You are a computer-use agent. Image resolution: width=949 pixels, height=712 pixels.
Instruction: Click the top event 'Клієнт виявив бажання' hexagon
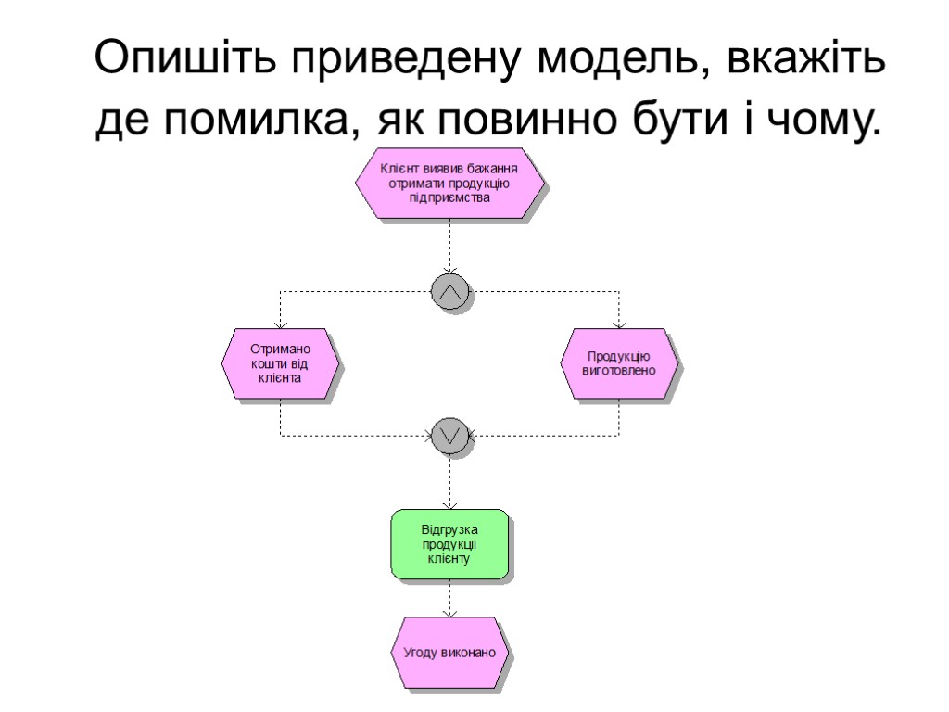449,183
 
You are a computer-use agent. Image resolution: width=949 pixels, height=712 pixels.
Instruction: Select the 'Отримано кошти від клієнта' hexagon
279,363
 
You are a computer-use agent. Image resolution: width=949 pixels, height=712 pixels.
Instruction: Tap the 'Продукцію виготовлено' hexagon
619,363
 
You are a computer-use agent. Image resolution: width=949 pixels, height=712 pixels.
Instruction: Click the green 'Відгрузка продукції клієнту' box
449,544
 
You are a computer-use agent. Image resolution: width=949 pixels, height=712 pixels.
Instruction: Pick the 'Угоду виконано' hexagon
449,653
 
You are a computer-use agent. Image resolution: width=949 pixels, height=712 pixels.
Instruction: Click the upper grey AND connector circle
450,292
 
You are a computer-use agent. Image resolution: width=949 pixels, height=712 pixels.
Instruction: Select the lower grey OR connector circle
450,434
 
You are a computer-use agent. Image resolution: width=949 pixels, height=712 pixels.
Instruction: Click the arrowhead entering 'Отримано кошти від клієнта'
280,324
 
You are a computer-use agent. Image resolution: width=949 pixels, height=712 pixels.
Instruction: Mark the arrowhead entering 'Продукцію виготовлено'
619,324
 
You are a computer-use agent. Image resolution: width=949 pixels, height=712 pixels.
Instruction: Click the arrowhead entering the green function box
449,505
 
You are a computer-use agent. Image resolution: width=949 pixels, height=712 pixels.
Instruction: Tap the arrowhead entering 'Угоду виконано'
449,613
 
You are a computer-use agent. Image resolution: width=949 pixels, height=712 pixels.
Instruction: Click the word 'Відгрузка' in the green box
449,529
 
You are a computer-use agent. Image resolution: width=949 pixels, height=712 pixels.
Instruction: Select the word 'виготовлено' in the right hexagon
619,371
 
